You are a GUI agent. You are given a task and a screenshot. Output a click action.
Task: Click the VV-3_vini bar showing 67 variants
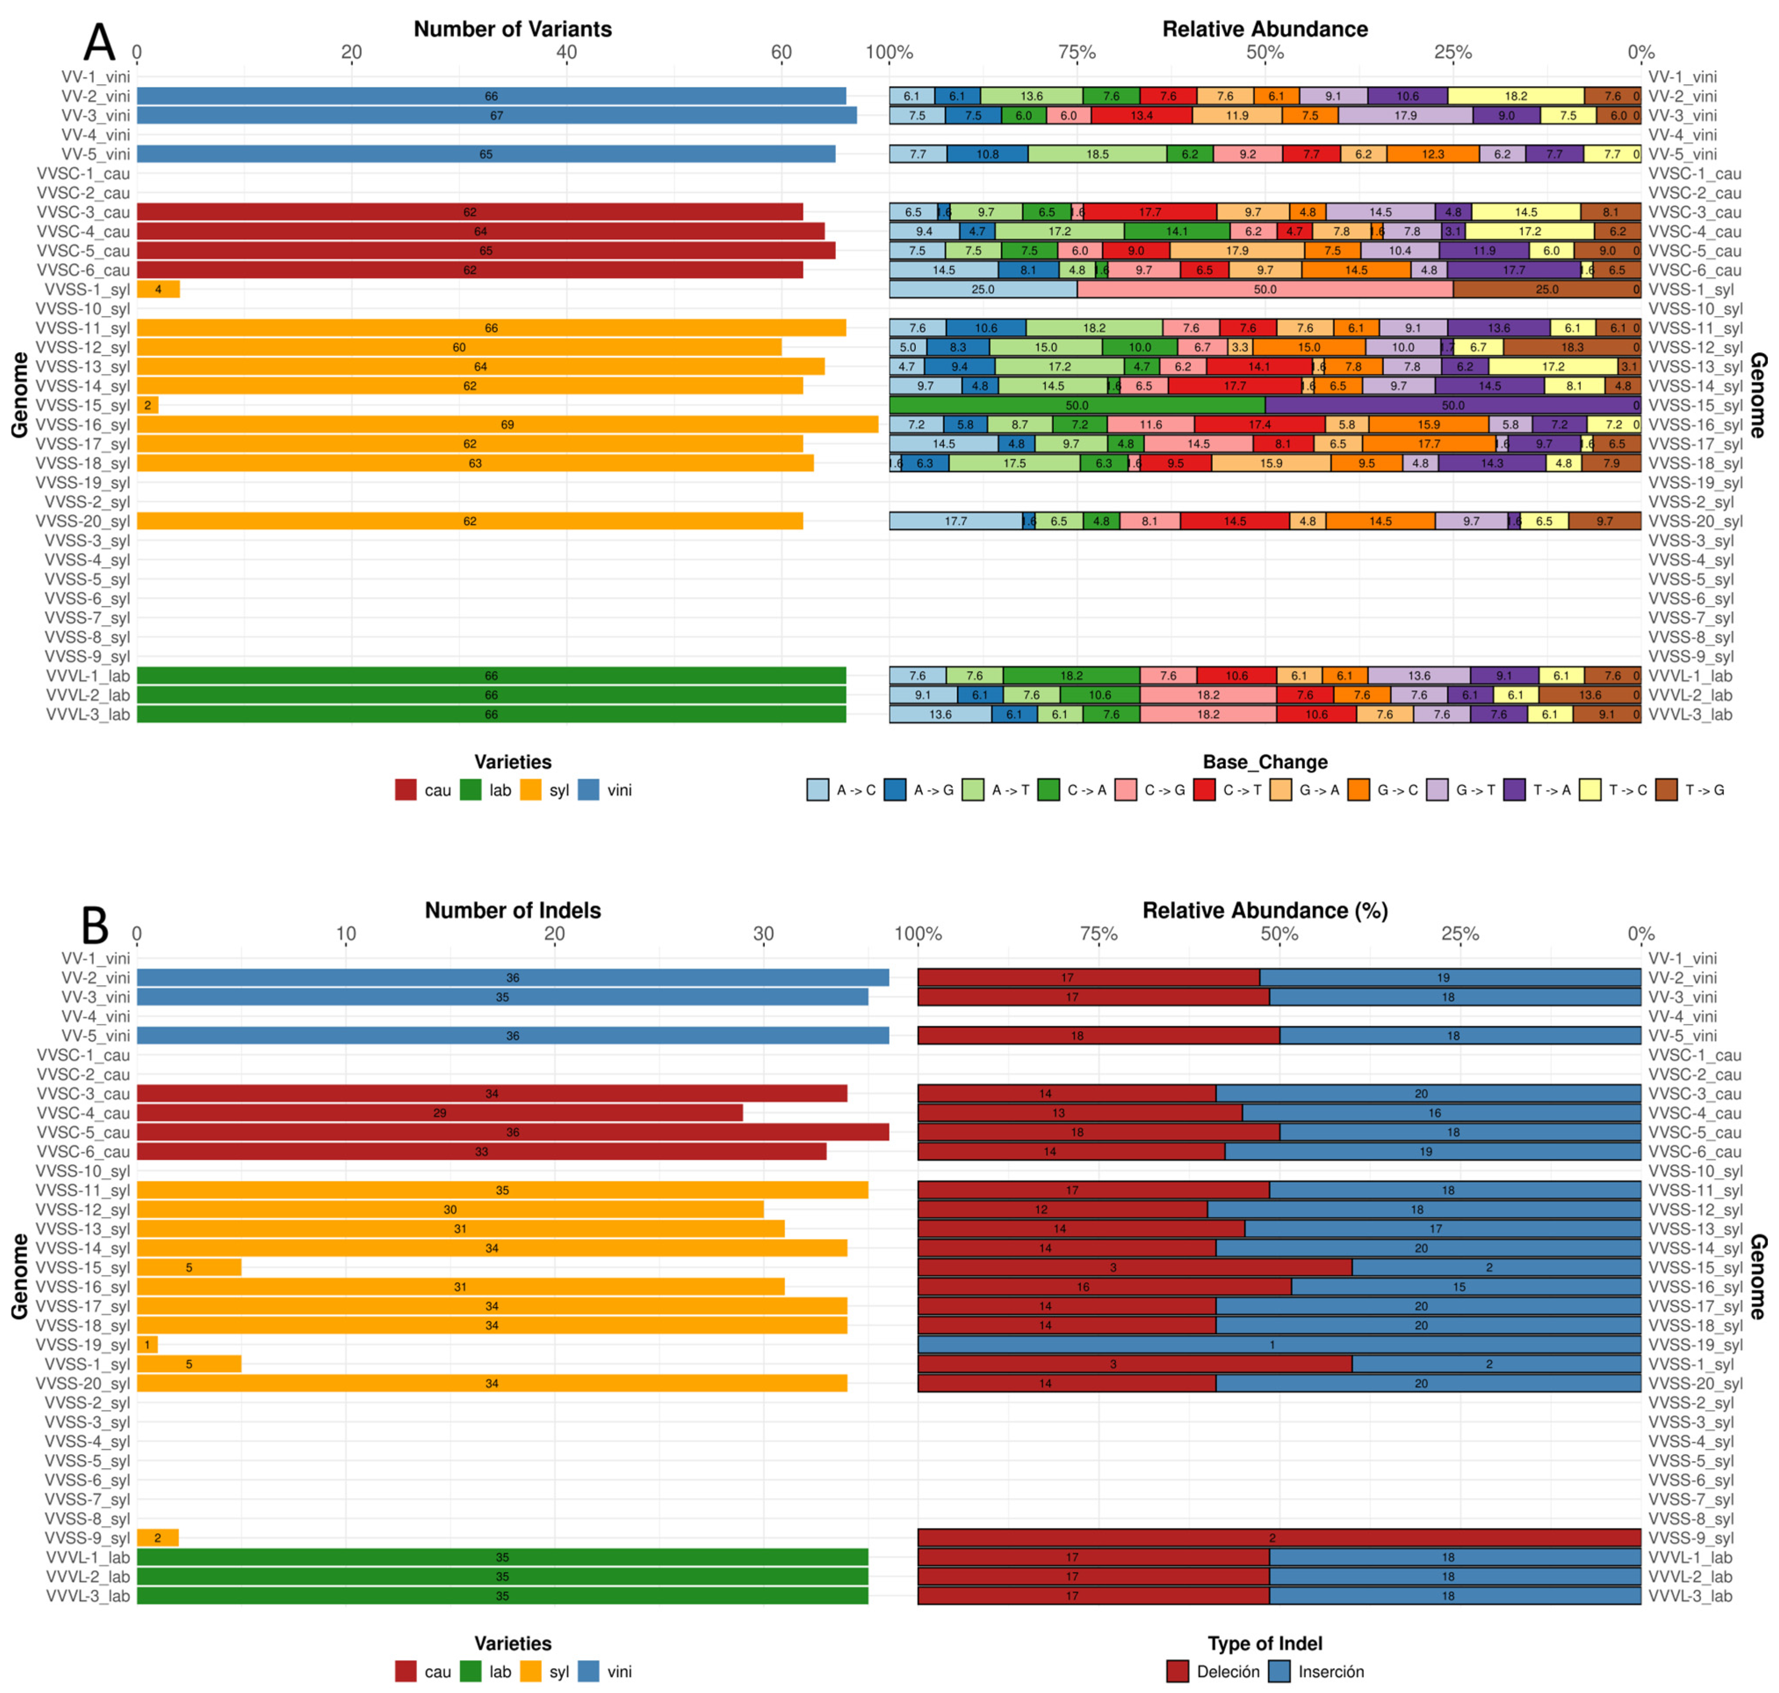[496, 116]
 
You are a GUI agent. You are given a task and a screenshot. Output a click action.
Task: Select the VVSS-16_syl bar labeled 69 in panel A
[507, 424]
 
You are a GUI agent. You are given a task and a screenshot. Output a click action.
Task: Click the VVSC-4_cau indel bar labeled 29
[439, 1113]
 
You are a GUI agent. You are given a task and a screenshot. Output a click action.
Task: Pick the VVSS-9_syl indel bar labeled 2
[157, 1538]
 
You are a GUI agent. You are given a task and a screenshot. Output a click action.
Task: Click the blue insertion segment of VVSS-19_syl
[1278, 1345]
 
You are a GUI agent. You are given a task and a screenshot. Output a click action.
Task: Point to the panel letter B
[95, 925]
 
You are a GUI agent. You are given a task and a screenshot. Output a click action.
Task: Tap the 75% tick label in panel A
[1077, 52]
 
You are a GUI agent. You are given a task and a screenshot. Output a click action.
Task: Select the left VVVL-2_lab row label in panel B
[88, 1577]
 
